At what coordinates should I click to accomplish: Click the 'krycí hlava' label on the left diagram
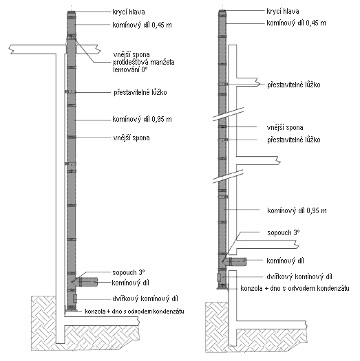coord(129,12)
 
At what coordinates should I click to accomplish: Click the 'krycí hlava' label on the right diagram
coord(283,11)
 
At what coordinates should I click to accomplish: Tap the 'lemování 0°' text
coord(130,69)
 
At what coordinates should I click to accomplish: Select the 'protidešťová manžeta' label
coord(144,62)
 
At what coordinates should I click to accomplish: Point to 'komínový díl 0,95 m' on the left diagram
coord(142,119)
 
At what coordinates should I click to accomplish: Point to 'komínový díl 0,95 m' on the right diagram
coord(297,210)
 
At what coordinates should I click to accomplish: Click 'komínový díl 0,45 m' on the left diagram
coord(142,25)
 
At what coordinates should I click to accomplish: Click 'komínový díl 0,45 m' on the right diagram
coord(296,23)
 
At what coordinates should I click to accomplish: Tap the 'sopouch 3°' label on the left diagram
coord(129,272)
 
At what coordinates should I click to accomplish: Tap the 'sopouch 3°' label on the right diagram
coord(284,232)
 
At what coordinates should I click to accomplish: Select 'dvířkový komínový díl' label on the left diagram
coord(145,299)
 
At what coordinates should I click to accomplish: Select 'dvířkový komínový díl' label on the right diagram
coord(299,276)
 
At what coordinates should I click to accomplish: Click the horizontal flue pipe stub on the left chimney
coord(87,282)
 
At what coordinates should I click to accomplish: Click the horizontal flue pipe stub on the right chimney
coord(237,261)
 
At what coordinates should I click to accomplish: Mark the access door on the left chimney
coord(75,298)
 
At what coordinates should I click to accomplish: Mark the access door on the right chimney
coord(219,277)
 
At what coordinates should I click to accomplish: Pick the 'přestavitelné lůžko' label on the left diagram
coord(140,93)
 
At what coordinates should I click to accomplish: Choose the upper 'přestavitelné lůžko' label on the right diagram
coord(294,85)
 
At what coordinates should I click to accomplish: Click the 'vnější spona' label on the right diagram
coord(285,127)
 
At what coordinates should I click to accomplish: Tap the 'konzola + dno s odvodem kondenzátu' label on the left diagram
coord(134,311)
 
